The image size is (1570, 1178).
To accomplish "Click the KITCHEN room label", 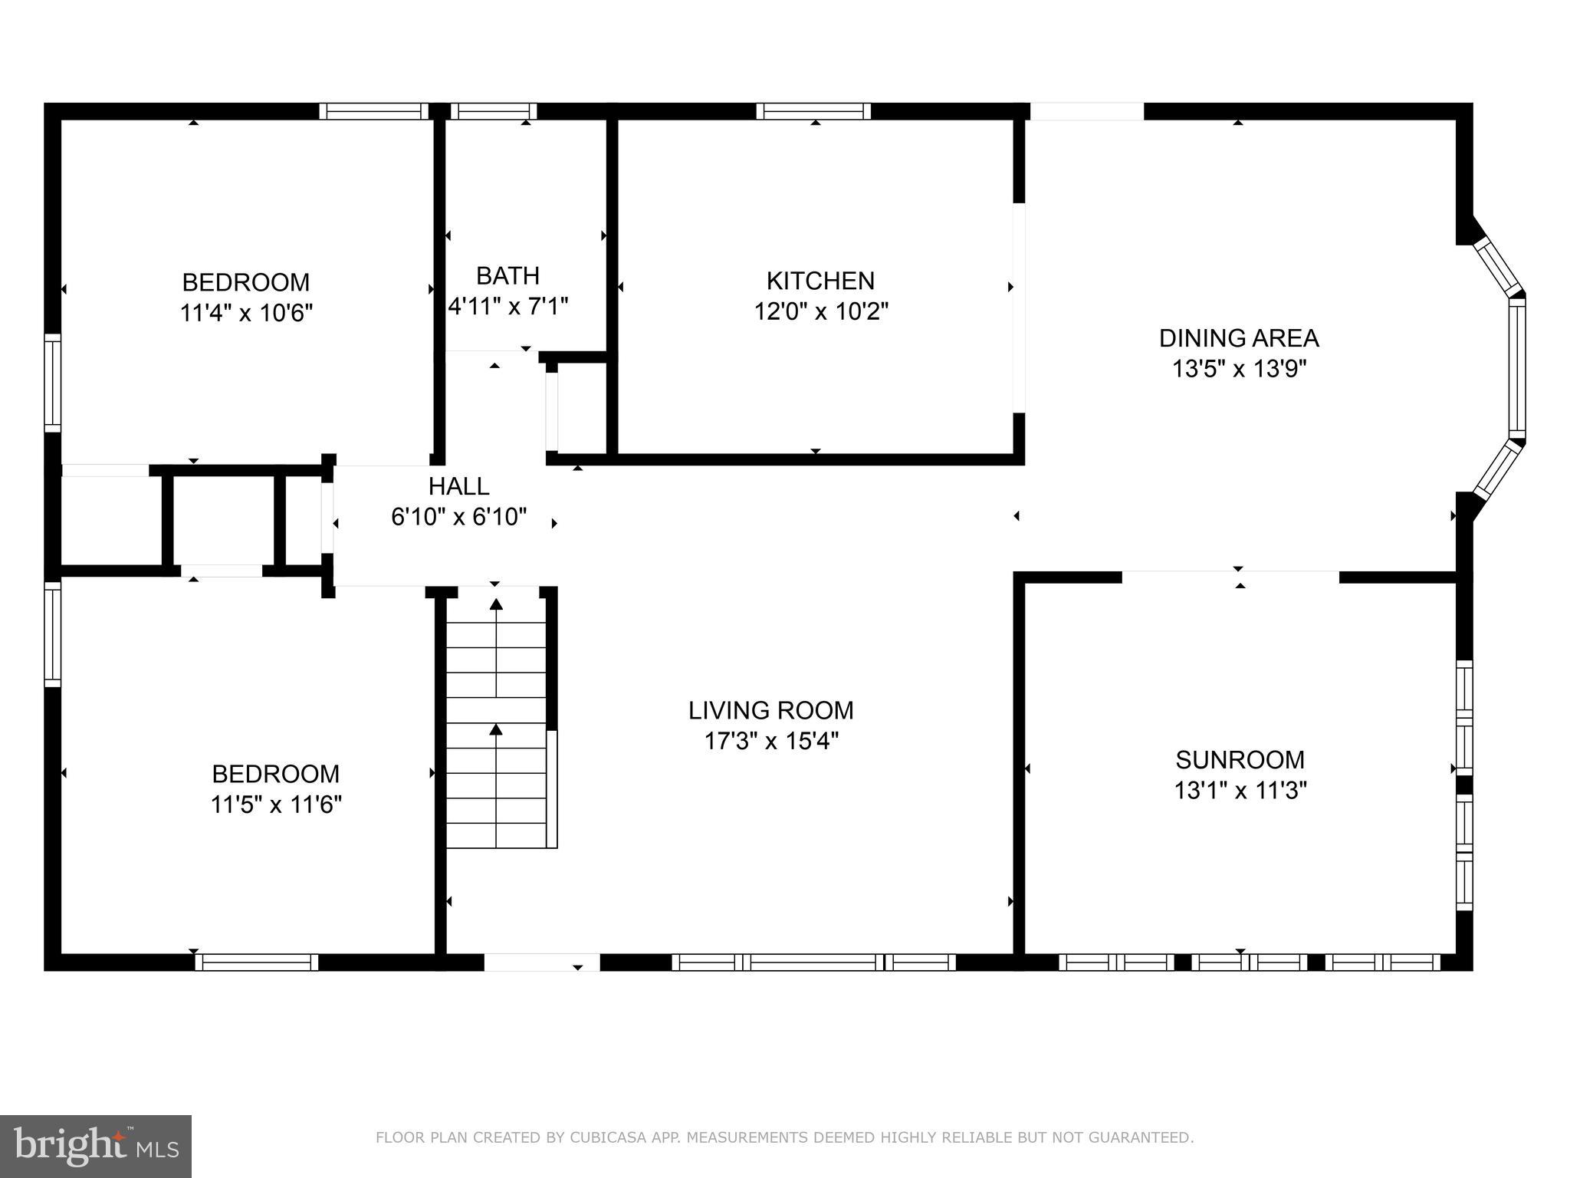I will [820, 281].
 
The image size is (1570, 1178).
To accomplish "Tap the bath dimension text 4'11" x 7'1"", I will [508, 307].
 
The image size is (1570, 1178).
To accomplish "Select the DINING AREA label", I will [1238, 338].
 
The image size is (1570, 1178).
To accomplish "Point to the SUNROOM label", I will [1240, 759].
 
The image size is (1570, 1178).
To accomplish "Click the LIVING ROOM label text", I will [770, 710].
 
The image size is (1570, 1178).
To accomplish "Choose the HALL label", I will [458, 486].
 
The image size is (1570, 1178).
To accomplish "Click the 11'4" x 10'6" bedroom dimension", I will [246, 313].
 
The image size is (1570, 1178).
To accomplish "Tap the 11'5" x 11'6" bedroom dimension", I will [276, 805].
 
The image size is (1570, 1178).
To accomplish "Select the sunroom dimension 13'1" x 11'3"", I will [1240, 790].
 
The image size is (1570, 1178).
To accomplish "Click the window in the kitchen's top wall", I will [813, 111].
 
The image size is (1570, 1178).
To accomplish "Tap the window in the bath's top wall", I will [493, 111].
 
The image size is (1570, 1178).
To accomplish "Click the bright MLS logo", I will [96, 1146].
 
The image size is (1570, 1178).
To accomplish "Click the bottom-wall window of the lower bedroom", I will [256, 962].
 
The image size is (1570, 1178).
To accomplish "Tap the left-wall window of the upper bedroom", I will [52, 383].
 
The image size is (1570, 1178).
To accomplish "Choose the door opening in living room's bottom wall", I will [541, 962].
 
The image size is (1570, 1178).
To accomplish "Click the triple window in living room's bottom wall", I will [813, 962].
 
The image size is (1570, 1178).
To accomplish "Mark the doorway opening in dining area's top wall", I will [1086, 111].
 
